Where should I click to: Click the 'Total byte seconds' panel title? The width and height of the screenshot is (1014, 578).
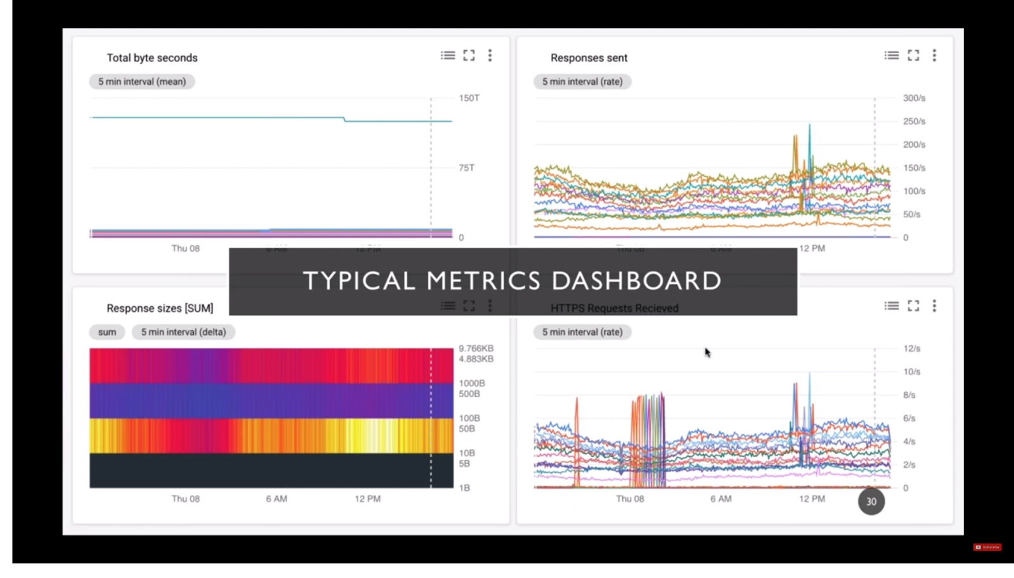tap(152, 58)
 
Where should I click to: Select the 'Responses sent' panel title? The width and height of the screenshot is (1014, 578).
tap(589, 58)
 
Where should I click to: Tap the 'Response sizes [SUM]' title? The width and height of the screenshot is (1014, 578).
tap(160, 308)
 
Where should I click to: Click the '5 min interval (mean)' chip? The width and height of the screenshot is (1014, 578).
tap(142, 82)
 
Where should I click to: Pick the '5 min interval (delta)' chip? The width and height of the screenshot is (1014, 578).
tap(183, 332)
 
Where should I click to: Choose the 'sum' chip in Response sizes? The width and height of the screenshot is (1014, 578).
tap(107, 332)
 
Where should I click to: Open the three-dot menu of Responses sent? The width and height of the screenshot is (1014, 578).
tap(934, 56)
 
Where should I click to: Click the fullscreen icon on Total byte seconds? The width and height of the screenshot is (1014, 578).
tap(469, 56)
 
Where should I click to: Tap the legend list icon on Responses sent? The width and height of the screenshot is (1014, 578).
tap(892, 56)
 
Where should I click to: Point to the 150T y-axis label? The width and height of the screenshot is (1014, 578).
tap(469, 98)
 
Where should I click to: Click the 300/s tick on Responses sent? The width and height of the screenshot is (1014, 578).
tap(914, 98)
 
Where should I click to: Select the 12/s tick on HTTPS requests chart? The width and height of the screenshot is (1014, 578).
tap(912, 349)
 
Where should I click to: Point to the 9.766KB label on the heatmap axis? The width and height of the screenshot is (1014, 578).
tap(476, 349)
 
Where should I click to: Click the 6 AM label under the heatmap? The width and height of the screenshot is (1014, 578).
tap(276, 499)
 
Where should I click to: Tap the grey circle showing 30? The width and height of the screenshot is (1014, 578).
tap(871, 501)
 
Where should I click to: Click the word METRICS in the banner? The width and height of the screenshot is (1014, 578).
tap(484, 281)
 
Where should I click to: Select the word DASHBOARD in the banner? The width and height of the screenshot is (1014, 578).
tap(636, 281)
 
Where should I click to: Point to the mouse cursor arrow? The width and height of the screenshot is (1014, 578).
tap(707, 352)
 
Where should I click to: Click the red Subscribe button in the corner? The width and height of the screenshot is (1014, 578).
tap(987, 547)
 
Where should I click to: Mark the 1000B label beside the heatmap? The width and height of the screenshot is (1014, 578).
tap(472, 383)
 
